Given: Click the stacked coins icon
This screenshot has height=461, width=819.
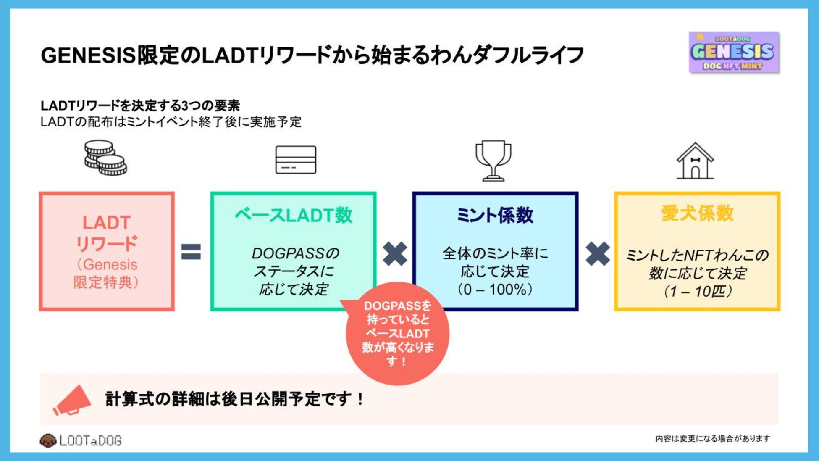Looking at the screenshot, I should click(x=105, y=158).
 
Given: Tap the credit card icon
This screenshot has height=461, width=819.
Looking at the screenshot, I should click(x=296, y=160).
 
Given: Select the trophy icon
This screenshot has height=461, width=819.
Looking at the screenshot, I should click(x=493, y=161).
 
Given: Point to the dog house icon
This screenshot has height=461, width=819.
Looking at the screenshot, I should click(x=695, y=161).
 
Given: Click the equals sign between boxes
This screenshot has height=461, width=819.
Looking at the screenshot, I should click(x=191, y=252).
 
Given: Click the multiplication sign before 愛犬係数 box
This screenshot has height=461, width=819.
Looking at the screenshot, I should click(x=597, y=254).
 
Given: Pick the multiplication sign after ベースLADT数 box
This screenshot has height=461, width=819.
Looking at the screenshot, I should click(x=395, y=254).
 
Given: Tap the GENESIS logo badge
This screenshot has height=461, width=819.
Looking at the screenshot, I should click(x=734, y=52).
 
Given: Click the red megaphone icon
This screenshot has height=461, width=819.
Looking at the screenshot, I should click(x=72, y=400).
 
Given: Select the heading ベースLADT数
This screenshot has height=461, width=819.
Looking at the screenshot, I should click(x=293, y=215).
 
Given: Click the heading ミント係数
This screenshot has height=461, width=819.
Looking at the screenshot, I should click(x=495, y=215).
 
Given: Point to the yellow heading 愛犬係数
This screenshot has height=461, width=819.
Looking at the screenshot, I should click(x=697, y=213).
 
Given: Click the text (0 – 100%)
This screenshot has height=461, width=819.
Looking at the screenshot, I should click(x=495, y=290).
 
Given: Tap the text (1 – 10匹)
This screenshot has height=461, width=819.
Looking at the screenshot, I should click(x=697, y=291).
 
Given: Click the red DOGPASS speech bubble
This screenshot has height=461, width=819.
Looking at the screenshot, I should click(x=397, y=334).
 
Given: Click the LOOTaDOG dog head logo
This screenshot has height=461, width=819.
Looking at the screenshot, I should click(x=48, y=440).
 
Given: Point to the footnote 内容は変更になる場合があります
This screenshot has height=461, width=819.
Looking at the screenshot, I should click(x=712, y=439).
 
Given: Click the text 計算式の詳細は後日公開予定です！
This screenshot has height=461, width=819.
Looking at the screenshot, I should click(x=234, y=399).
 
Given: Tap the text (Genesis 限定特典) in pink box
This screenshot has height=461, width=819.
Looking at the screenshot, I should click(x=106, y=273).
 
